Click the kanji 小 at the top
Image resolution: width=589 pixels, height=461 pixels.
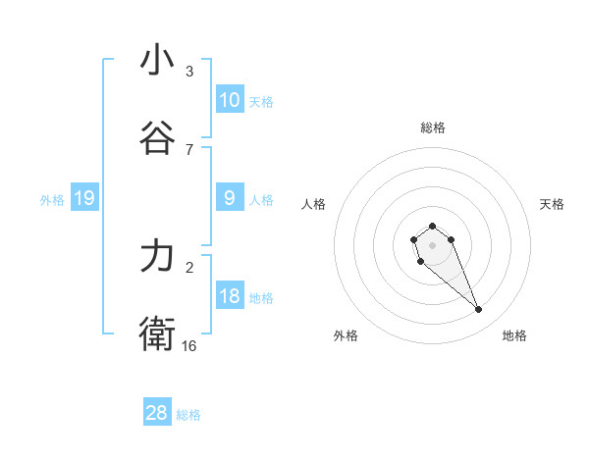(x=157, y=60)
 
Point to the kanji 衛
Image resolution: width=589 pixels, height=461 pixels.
(x=157, y=334)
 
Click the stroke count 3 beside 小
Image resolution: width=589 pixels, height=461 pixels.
(x=189, y=71)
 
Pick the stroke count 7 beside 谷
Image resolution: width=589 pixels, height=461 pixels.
(x=189, y=149)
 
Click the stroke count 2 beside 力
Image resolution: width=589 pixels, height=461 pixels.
(x=189, y=267)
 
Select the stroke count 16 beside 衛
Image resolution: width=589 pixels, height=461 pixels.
(x=189, y=345)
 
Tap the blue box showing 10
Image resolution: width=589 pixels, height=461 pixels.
(x=229, y=100)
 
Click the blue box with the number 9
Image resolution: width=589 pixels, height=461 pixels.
(x=229, y=198)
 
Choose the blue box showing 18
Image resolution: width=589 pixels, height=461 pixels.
(x=229, y=296)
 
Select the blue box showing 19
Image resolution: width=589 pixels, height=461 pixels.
(x=83, y=198)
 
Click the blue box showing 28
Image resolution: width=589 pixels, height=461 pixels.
(x=157, y=413)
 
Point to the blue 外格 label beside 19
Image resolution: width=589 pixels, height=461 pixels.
(x=52, y=199)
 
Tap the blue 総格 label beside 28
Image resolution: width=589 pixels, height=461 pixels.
(x=188, y=414)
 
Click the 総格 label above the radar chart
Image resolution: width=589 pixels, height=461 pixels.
(x=432, y=128)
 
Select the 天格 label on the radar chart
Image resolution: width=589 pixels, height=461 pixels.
(x=553, y=204)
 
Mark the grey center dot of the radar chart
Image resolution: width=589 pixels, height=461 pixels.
(x=432, y=244)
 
